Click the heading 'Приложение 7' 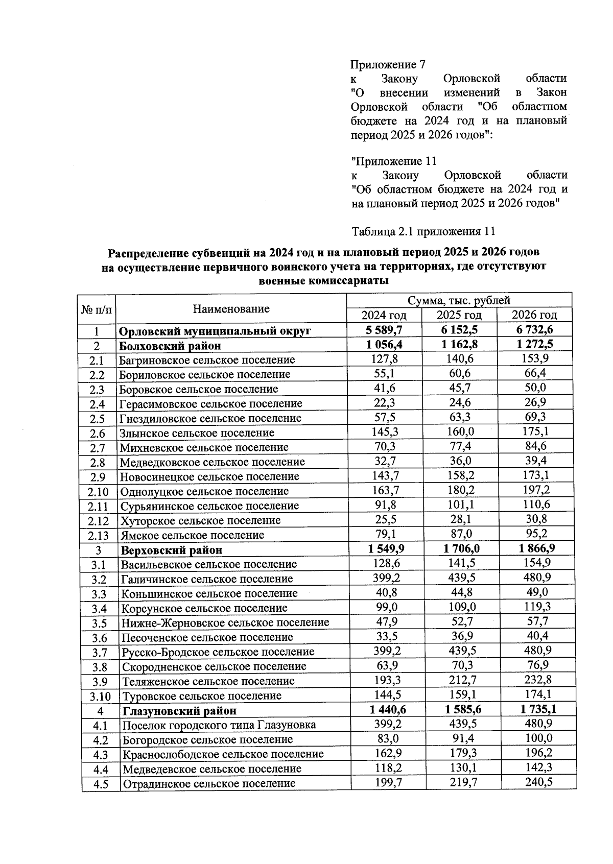(x=388, y=65)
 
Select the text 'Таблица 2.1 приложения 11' (x=423, y=231)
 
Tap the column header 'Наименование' (x=231, y=309)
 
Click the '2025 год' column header (x=459, y=315)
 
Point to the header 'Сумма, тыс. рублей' (x=459, y=301)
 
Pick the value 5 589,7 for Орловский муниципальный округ (x=384, y=330)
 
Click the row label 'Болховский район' (x=170, y=346)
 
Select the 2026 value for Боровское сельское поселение (x=535, y=388)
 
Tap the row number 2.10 (x=98, y=491)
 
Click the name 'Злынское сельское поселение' (x=197, y=433)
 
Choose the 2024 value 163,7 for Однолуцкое (x=384, y=490)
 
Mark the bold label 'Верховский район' (x=171, y=550)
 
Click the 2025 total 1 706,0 (x=459, y=549)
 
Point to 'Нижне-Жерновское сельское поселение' (x=225, y=623)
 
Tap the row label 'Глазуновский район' (x=178, y=711)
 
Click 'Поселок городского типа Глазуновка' (x=219, y=725)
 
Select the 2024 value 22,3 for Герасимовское (x=384, y=403)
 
